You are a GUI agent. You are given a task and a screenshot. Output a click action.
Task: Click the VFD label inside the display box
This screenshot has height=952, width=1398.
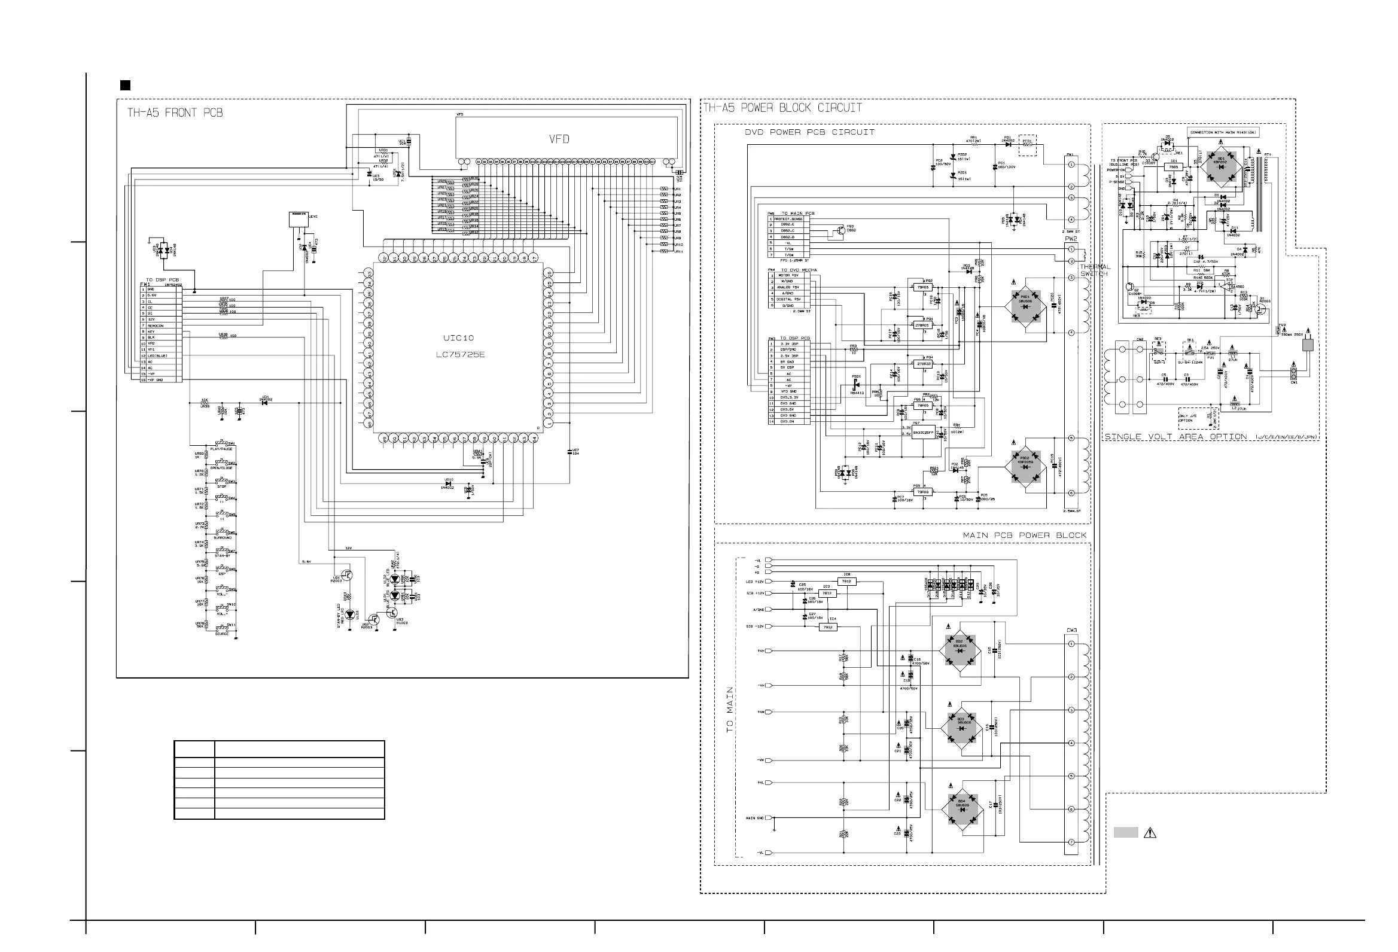coord(559,139)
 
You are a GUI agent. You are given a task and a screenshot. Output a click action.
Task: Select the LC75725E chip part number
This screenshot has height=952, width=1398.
coord(460,354)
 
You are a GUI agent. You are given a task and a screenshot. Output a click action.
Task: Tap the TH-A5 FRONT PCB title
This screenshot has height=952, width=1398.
coord(175,112)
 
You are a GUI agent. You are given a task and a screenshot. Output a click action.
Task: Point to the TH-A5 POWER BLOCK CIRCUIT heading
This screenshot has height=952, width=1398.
coord(783,108)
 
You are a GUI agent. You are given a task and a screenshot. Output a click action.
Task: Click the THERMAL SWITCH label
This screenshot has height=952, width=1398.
coord(1095,270)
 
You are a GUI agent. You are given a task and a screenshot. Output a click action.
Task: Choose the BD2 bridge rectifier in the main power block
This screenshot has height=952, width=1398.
coord(960,651)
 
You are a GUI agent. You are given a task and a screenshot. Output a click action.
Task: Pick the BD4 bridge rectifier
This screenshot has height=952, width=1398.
coord(962,809)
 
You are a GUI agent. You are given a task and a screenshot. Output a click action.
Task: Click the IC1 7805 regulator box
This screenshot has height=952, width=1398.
coord(1174,165)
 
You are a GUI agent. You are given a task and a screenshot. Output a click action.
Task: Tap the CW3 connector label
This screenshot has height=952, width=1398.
coord(1072,631)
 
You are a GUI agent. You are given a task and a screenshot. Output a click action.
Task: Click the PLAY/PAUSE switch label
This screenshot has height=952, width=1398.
coord(221,449)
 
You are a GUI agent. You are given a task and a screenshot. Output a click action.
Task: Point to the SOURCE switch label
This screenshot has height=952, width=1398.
coord(222,634)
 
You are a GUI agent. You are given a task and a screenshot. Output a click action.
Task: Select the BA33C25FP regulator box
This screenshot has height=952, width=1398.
coord(923,433)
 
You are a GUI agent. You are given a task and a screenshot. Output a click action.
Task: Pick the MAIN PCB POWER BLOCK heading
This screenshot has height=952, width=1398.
coord(1025,535)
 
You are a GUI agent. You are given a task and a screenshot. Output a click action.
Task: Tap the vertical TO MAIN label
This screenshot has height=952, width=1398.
coord(730,710)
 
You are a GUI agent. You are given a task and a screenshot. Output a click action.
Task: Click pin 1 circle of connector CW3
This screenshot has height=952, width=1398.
coord(1071,644)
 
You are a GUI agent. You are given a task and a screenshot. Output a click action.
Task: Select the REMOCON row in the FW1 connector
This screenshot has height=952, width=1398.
coord(156,326)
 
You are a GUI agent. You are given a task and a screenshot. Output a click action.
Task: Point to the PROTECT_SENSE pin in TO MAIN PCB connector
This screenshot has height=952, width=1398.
coord(788,219)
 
